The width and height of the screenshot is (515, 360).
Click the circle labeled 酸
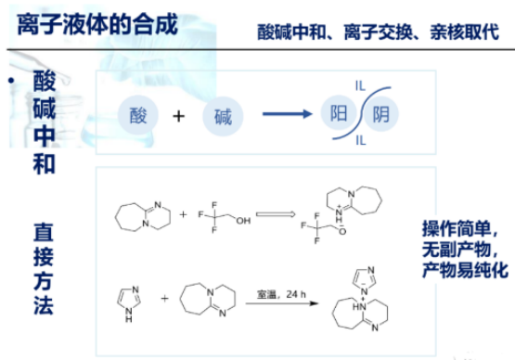139,116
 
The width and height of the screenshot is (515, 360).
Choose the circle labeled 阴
381,116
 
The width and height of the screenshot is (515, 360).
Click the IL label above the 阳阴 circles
359,86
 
